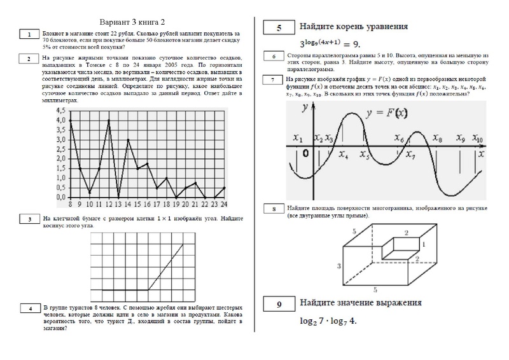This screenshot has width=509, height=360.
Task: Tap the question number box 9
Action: click(279, 305)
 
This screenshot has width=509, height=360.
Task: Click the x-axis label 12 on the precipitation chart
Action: click(109, 204)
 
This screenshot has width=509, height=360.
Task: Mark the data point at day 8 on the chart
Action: click(70, 120)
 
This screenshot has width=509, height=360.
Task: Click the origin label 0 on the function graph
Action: click(306, 154)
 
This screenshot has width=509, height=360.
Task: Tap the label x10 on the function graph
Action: click(478, 139)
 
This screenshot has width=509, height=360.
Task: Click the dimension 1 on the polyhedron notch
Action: click(424, 244)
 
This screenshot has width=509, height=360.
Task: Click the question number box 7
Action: click(272, 80)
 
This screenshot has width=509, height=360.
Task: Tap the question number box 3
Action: click(29, 219)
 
